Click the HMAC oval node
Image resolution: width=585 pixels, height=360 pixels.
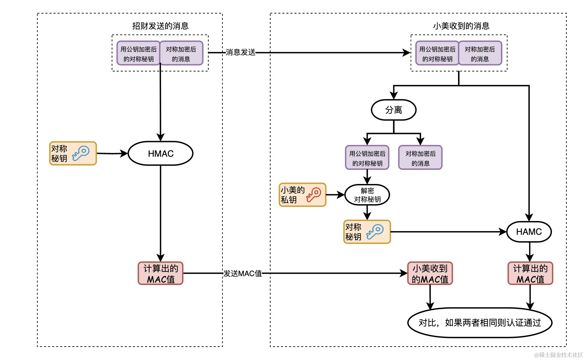[160, 153]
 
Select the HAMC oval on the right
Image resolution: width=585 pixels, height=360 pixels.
[529, 232]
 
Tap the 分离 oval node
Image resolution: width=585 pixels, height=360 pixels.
[393, 110]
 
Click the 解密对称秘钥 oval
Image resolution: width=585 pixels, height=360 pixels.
[367, 195]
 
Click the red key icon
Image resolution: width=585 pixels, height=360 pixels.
[314, 195]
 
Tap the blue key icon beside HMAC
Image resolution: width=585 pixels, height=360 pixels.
[81, 153]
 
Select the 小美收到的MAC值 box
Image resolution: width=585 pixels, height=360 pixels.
[430, 273]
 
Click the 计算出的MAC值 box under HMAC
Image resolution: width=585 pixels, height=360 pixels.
[161, 273]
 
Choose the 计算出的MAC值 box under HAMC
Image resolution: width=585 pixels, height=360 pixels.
[530, 273]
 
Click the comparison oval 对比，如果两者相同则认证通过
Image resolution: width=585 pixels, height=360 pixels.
[479, 323]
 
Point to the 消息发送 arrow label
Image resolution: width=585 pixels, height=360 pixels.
[240, 52]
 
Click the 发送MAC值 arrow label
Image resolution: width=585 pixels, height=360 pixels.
[243, 273]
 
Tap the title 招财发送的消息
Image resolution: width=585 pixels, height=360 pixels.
[160, 26]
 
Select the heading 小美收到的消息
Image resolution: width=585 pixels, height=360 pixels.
[461, 26]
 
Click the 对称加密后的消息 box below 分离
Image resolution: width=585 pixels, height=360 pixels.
[420, 158]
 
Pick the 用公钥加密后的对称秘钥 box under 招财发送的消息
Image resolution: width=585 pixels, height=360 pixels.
[138, 54]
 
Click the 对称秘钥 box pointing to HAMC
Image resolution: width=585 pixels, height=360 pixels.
[367, 232]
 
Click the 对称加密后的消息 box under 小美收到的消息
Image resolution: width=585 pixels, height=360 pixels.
[480, 54]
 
